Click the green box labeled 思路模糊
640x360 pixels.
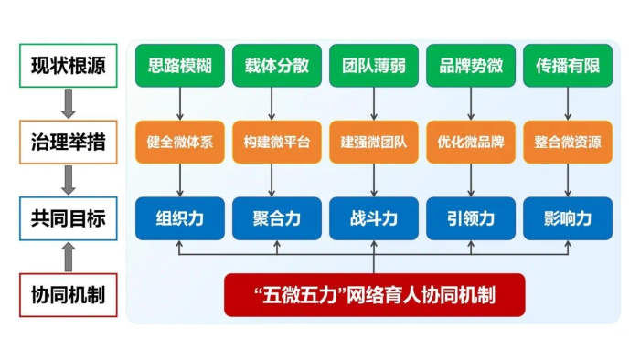(x=180, y=66)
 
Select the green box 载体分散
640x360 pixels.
(x=277, y=66)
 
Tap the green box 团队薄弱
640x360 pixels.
(x=374, y=66)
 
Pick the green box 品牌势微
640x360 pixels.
(x=471, y=66)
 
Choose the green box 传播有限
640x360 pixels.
(x=568, y=66)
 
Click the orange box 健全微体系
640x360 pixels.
(x=180, y=143)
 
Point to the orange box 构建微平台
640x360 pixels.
(x=277, y=143)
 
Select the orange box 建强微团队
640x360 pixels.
(x=374, y=143)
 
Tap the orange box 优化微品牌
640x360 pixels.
(x=471, y=143)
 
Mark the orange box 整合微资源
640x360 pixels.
(x=568, y=143)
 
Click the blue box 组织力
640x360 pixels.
(x=180, y=219)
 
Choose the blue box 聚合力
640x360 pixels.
(x=277, y=219)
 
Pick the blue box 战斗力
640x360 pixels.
(x=374, y=219)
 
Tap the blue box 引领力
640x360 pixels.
(x=471, y=219)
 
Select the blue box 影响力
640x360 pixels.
(x=568, y=219)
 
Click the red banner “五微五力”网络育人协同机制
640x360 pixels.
(x=374, y=295)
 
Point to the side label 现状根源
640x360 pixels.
(x=68, y=66)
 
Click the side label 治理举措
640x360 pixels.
(x=68, y=143)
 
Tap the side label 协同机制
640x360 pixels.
(x=68, y=295)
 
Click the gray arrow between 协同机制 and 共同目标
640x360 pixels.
(x=68, y=258)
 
